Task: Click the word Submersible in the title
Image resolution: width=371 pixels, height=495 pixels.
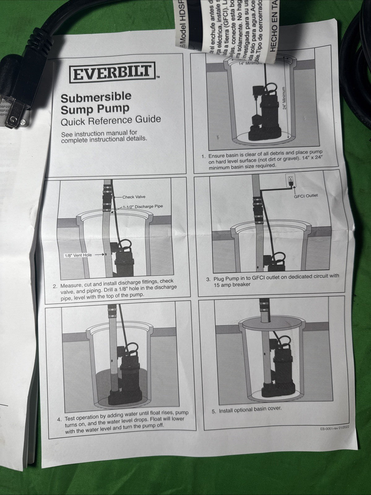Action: pyautogui.click(x=96, y=97)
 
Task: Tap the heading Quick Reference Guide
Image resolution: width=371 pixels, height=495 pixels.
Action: pyautogui.click(x=110, y=120)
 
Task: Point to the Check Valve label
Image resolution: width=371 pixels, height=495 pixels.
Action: pyautogui.click(x=134, y=197)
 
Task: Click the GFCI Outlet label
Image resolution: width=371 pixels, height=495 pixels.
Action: pyautogui.click(x=306, y=195)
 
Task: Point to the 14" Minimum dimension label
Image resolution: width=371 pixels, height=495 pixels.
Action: pyautogui.click(x=251, y=63)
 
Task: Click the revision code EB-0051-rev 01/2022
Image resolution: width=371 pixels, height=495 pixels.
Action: pyautogui.click(x=336, y=429)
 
